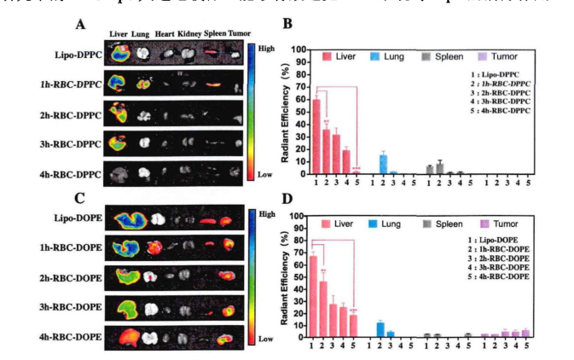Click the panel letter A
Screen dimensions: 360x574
[79, 23]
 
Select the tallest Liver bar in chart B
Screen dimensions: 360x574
[316, 136]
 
